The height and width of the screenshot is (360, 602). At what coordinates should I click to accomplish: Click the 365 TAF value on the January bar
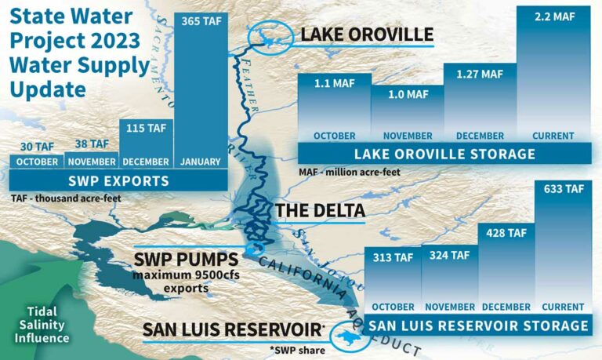201,22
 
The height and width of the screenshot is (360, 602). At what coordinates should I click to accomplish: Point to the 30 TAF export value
37,146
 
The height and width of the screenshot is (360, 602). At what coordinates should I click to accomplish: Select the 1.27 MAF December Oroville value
481,75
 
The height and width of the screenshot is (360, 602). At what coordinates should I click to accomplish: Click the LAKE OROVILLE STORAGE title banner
444,154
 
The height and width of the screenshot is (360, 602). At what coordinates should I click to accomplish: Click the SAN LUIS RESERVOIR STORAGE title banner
478,325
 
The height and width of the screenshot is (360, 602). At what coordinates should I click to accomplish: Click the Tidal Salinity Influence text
38,324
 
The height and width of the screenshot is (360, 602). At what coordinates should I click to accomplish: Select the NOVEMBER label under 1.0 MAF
407,135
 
